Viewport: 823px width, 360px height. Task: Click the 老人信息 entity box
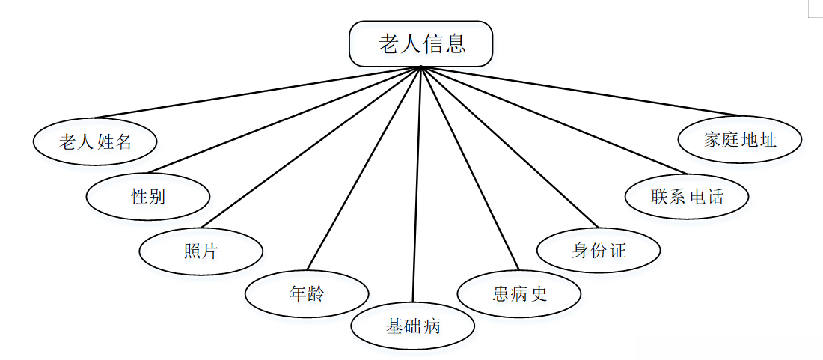[420, 44]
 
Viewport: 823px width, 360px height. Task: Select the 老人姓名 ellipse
[95, 141]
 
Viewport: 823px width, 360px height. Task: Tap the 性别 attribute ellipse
[148, 197]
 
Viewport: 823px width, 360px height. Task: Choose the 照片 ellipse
[201, 251]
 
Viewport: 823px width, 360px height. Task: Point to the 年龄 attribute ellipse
[307, 293]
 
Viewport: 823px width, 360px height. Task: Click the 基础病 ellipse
[413, 326]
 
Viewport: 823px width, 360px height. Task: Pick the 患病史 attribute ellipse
[519, 293]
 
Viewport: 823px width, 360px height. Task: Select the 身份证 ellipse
[599, 250]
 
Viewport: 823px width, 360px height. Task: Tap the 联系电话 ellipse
[687, 197]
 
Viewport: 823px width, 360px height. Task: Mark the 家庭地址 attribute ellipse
[740, 140]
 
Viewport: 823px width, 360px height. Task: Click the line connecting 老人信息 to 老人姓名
[258, 93]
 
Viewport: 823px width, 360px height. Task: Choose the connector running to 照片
[310, 147]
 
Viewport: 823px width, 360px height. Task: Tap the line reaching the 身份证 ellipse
[509, 147]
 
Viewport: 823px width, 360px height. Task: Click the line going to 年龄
[364, 168]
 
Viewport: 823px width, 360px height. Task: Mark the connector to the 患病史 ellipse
[469, 168]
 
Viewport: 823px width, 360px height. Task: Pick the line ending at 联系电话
[554, 120]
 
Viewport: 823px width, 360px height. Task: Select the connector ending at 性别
[284, 120]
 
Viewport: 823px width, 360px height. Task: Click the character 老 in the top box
[388, 44]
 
